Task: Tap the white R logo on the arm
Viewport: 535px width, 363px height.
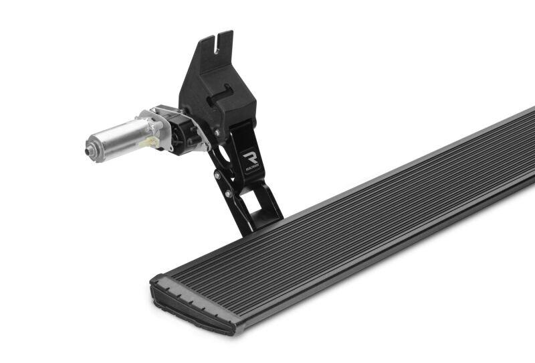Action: (251, 157)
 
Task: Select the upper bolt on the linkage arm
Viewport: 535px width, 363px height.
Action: (217, 175)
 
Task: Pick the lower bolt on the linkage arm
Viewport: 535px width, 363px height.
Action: (229, 194)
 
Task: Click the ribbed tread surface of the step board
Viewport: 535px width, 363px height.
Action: (368, 208)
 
